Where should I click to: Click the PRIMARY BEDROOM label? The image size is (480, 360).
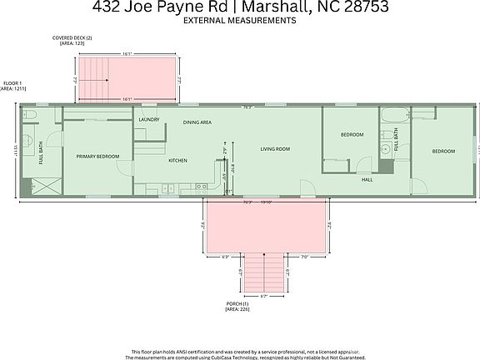pyautogui.click(x=97, y=157)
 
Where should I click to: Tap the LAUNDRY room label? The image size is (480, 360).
pyautogui.click(x=148, y=119)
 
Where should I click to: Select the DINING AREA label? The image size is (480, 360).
pyautogui.click(x=197, y=122)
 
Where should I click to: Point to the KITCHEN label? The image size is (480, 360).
pyautogui.click(x=177, y=160)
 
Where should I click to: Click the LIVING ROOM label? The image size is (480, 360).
pyautogui.click(x=274, y=149)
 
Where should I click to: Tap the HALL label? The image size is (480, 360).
pyautogui.click(x=367, y=180)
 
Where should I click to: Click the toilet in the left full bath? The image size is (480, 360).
pyautogui.click(x=27, y=113)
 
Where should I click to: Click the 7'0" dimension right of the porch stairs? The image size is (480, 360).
pyautogui.click(x=305, y=257)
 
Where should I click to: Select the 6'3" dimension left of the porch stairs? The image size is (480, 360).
pyautogui.click(x=226, y=257)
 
